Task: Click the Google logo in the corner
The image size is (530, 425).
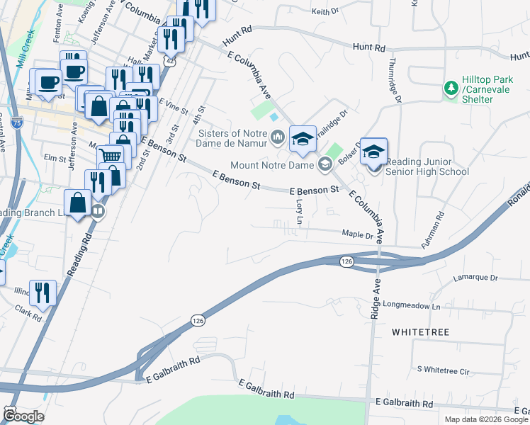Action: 23,416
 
